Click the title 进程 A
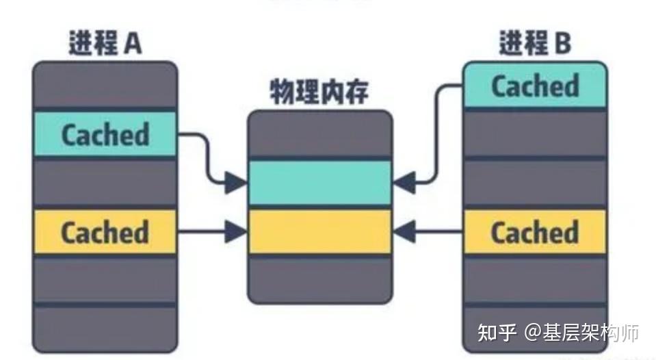[x=105, y=44]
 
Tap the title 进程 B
[x=534, y=44]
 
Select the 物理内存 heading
[x=319, y=92]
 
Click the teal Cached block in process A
[x=105, y=134]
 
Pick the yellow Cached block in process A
[x=105, y=232]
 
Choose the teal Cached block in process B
[x=534, y=86]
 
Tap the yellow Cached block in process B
[x=534, y=232]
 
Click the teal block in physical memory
[x=319, y=182]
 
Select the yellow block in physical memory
[x=319, y=232]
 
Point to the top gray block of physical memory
[x=319, y=135]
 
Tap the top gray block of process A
[x=105, y=85]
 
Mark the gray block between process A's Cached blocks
[x=105, y=182]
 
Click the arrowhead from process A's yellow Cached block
[x=237, y=232]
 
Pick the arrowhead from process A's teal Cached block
[x=237, y=182]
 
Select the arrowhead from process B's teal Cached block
[x=404, y=182]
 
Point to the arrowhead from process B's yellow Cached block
[x=404, y=232]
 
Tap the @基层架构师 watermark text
[x=581, y=333]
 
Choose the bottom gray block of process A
[x=105, y=328]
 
